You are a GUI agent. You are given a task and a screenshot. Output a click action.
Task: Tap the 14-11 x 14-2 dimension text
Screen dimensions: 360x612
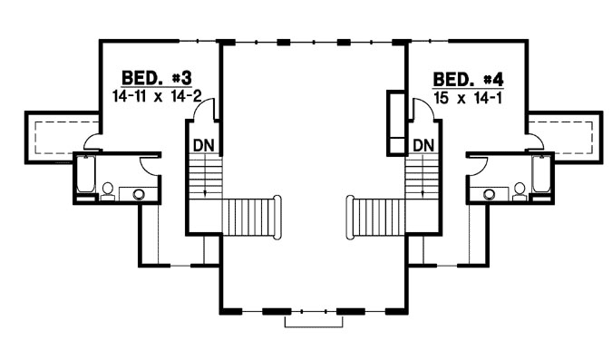(x=154, y=94)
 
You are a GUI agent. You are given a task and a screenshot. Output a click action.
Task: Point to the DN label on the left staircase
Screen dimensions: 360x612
(x=203, y=144)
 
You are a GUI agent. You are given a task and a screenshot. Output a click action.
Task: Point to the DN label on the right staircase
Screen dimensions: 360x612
(x=423, y=144)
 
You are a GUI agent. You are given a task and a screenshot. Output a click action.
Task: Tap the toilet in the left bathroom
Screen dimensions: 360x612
(x=108, y=190)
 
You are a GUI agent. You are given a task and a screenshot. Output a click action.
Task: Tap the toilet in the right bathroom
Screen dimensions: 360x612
(x=520, y=190)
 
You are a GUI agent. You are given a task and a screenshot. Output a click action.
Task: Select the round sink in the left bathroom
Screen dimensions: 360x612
(x=139, y=193)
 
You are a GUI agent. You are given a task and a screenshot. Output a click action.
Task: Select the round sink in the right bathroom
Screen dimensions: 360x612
(x=490, y=193)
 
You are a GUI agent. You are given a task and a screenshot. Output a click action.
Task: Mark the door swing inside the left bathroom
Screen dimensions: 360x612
(x=150, y=163)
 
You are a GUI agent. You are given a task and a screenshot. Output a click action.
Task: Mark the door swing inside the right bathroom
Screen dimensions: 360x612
(x=477, y=163)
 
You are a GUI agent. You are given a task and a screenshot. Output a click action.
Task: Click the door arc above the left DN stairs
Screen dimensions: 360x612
(x=208, y=110)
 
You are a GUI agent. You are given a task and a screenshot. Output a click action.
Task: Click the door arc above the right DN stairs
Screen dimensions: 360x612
(x=420, y=110)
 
